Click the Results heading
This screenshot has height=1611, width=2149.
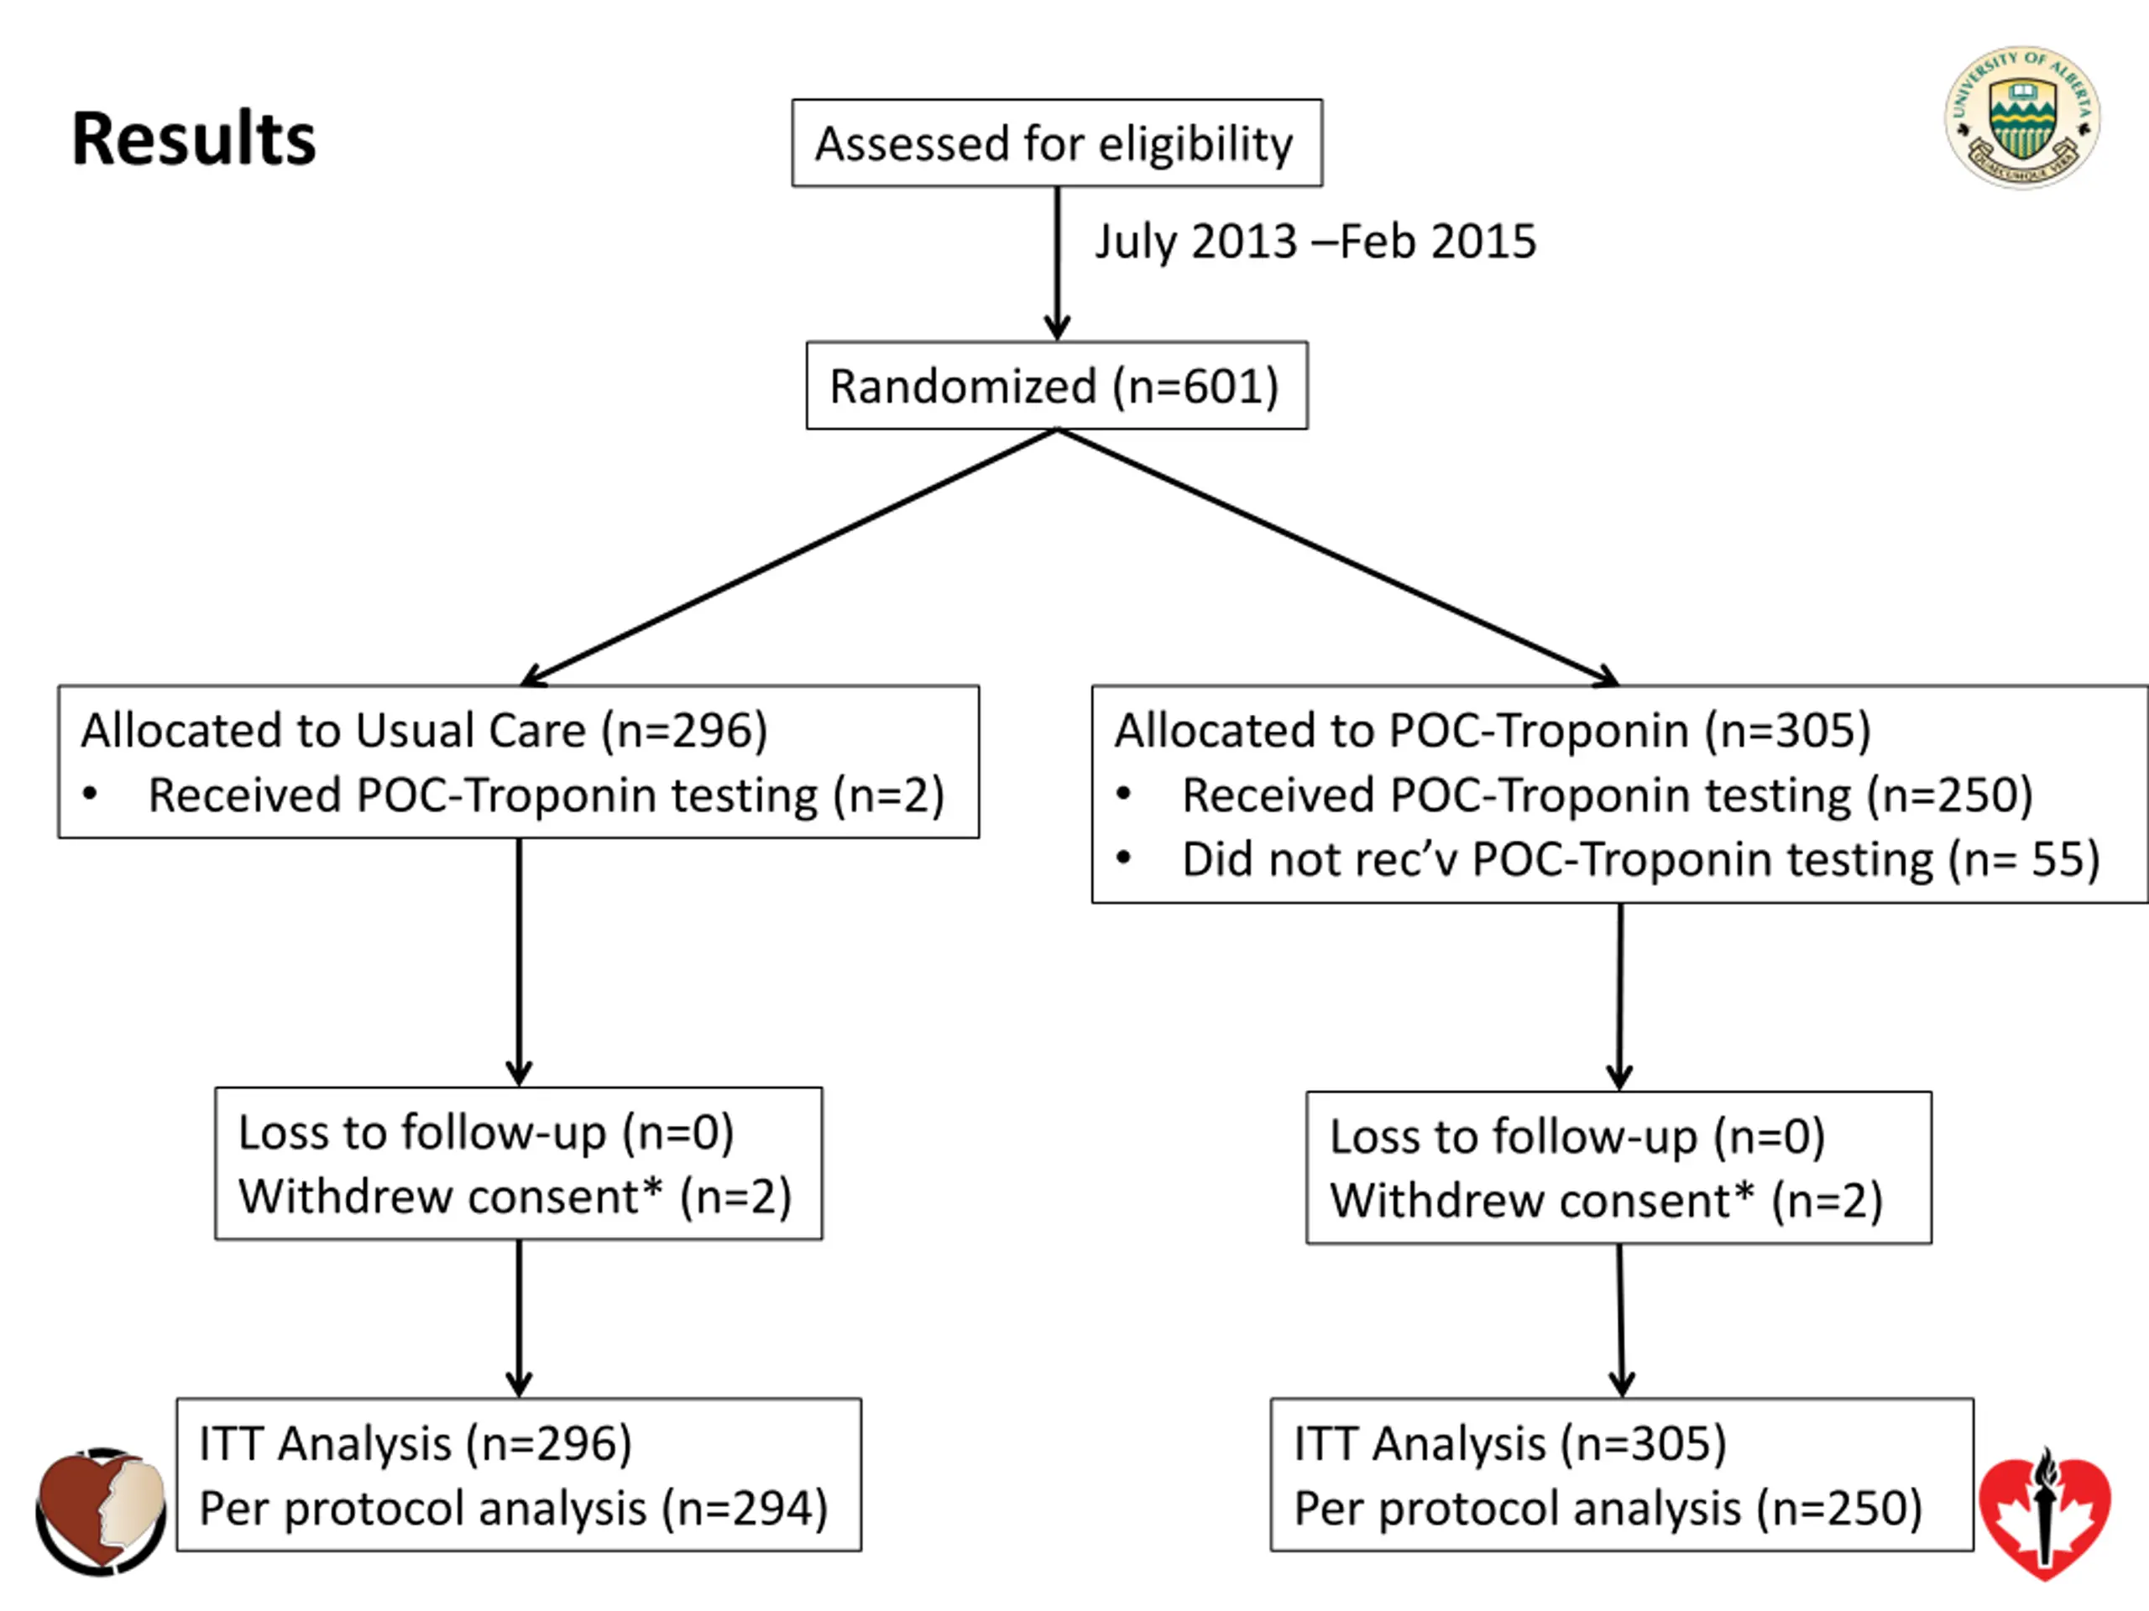(x=193, y=138)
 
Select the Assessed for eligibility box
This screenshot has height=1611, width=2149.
(x=1057, y=143)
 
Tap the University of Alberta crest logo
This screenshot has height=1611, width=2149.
(x=2021, y=117)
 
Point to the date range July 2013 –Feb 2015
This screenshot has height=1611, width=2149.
(x=1315, y=242)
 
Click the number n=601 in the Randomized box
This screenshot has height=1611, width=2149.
(x=1196, y=387)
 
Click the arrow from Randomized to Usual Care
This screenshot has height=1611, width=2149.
(x=789, y=558)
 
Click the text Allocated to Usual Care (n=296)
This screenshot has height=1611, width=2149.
(x=425, y=730)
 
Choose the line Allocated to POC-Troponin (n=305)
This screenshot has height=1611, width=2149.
(x=1493, y=730)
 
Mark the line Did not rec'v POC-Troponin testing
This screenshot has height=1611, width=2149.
(x=1641, y=859)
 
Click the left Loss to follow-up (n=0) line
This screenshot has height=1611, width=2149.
(x=486, y=1132)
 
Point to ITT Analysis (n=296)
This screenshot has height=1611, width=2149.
(x=416, y=1444)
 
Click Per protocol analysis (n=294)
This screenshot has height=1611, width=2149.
(x=514, y=1509)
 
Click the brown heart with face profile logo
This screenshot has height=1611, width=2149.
(x=101, y=1511)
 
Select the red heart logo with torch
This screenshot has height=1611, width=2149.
(x=2045, y=1514)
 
